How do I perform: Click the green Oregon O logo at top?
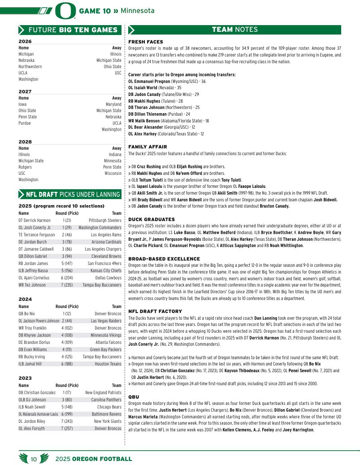tap(65, 11)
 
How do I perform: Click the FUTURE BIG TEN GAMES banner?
tap(69, 30)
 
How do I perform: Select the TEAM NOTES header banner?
tap(234, 30)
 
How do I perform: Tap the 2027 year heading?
tap(25, 91)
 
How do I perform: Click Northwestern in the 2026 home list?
tap(30, 66)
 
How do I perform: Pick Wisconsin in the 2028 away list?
tap(113, 173)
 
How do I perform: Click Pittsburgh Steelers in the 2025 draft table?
tap(105, 221)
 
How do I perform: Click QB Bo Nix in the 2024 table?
tap(27, 314)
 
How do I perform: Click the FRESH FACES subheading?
tap(145, 42)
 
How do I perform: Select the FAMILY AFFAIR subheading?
tap(147, 147)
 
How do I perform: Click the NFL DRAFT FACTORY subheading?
tap(155, 311)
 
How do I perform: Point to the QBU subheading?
tap(134, 397)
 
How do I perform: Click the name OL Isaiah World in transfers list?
tap(146, 88)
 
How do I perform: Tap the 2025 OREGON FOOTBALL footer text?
tap(94, 459)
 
